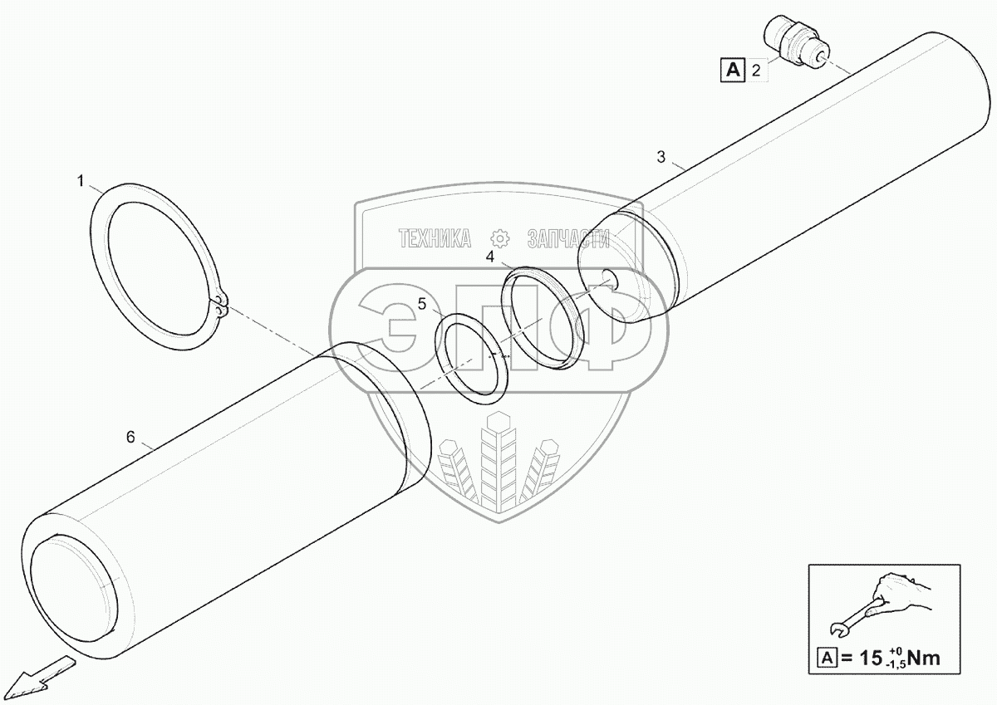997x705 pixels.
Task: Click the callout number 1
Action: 81,180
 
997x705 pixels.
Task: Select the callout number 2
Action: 755,71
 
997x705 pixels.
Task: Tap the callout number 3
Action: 661,156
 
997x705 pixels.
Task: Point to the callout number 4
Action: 490,257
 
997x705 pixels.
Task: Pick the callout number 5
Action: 422,305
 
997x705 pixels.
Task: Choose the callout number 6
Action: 130,437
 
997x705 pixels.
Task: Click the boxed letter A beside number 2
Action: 731,71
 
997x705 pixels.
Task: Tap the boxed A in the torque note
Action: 827,659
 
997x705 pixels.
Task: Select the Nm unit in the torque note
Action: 925,658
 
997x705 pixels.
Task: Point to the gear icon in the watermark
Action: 500,238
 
